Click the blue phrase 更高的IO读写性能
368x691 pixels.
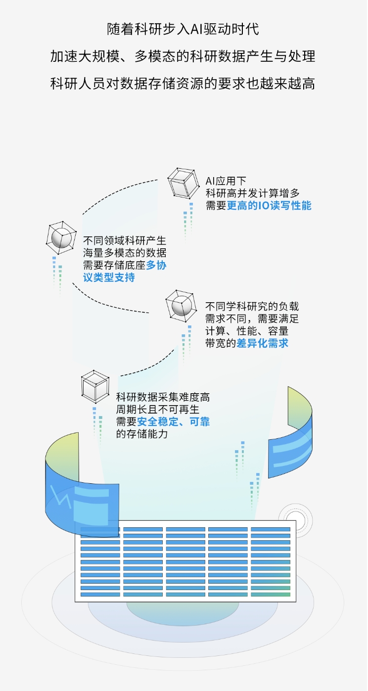269,206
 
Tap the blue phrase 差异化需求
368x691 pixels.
269,343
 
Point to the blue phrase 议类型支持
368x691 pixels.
109,277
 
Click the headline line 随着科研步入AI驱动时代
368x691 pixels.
183,29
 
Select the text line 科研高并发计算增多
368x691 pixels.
252,193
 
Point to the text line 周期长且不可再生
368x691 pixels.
157,410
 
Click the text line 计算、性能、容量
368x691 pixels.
247,331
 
